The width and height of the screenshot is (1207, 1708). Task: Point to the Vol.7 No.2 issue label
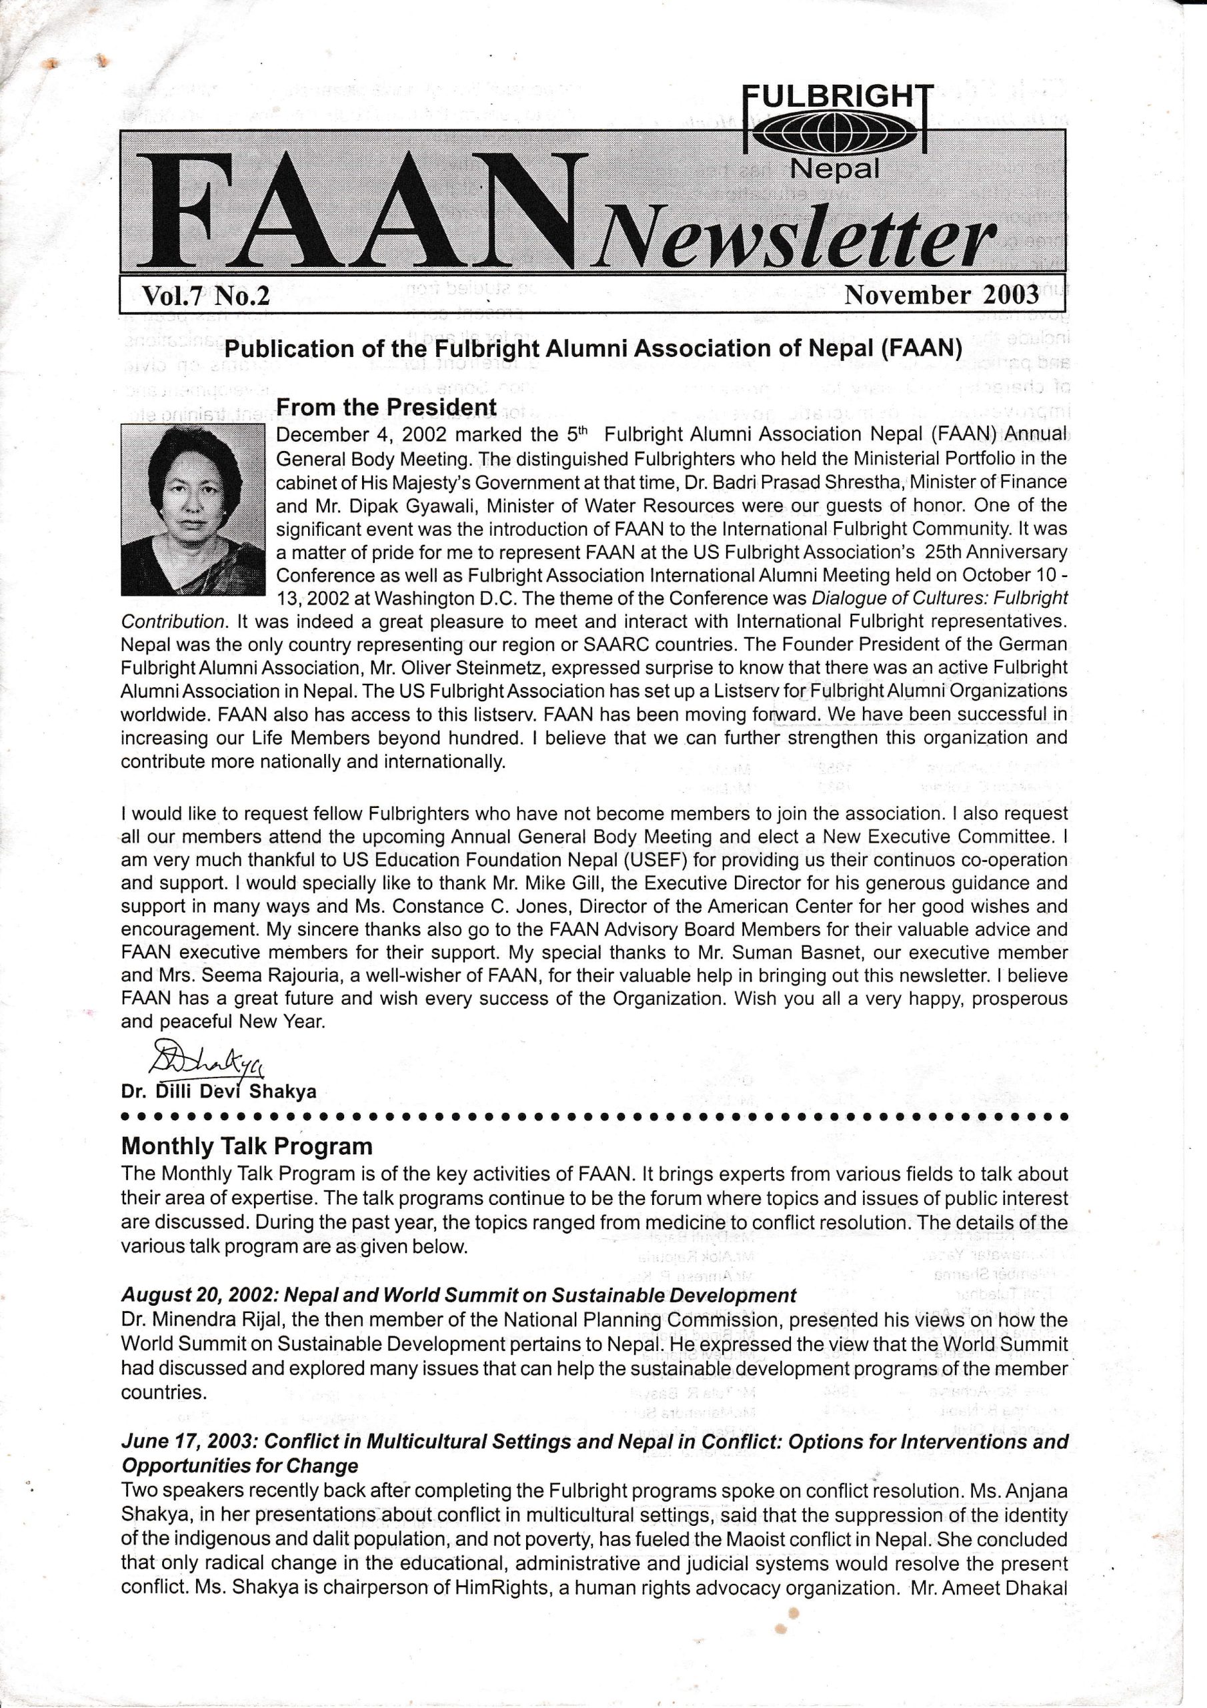pos(205,296)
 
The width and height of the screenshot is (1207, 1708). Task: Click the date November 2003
pos(942,296)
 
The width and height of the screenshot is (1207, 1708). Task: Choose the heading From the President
pos(385,408)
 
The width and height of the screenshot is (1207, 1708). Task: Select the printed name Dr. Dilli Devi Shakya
pos(219,1092)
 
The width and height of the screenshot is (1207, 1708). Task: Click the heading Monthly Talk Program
pos(246,1146)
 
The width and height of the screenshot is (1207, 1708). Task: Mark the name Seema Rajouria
pos(241,975)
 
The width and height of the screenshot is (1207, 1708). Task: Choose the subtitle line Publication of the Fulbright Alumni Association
pos(593,348)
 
